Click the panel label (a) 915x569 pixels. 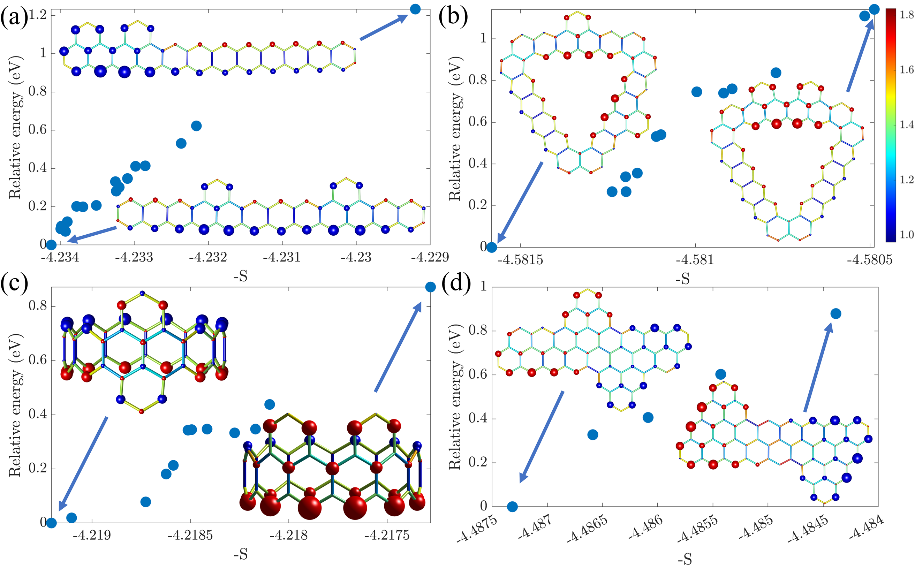point(14,17)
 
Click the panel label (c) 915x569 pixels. point(14,284)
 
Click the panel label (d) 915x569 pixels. point(456,284)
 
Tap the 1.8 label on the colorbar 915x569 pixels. point(906,15)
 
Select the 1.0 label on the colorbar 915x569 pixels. point(906,235)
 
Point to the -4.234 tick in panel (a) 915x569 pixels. point(60,257)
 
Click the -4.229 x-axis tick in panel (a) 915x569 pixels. point(430,257)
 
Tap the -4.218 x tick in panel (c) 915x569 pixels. point(289,535)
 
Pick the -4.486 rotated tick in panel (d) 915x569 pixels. point(648,531)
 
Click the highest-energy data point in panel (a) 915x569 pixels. point(415,9)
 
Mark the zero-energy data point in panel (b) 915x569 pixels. point(492,247)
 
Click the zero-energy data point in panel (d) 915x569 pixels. point(512,507)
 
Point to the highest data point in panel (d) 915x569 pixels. point(835,313)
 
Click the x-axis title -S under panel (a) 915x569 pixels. point(241,277)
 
